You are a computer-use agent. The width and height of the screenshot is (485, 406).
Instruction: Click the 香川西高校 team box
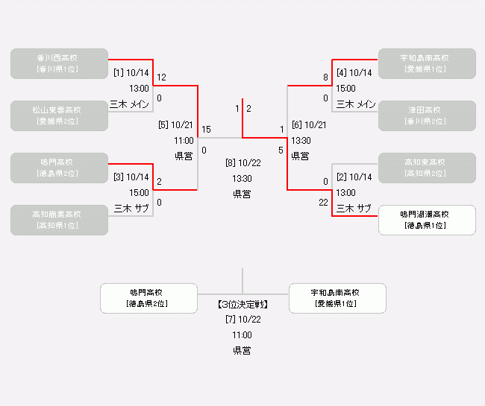coord(59,63)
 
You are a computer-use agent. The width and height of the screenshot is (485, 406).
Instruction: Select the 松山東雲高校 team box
coord(59,115)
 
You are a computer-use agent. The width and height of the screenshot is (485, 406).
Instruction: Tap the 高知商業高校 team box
coord(59,220)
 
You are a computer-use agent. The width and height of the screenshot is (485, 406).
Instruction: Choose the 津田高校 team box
coord(427,115)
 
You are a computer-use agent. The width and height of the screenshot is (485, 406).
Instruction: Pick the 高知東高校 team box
coord(427,168)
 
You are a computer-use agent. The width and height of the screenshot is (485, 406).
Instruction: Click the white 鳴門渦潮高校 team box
coord(427,220)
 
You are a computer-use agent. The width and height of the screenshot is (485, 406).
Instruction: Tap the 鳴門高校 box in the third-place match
coord(148,298)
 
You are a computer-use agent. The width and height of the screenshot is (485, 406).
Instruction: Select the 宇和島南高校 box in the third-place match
coord(337,298)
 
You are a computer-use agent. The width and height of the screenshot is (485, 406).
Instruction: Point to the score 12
coord(161,77)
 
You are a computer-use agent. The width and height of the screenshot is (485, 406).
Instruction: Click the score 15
coord(206,130)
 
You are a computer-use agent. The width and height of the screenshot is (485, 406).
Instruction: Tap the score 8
coord(325,77)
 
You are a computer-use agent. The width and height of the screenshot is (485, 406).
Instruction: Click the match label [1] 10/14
coord(131,73)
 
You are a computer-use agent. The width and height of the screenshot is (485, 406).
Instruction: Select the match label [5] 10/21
coord(176,125)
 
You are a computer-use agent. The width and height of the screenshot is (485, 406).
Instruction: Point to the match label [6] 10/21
coord(309,125)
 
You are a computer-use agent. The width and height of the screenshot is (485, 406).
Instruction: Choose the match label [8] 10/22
coord(242,163)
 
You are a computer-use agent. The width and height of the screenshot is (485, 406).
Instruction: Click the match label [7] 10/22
coord(242,320)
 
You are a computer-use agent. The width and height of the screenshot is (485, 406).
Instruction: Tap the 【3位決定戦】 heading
coord(242,305)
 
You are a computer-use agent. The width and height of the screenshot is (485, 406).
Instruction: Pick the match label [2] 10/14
coord(354,177)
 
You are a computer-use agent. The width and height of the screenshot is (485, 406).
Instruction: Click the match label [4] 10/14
coord(354,73)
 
